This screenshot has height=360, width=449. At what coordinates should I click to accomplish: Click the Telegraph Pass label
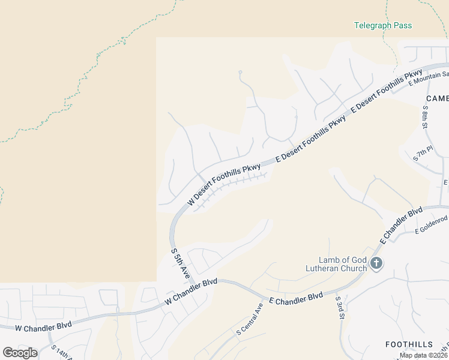coord(383,26)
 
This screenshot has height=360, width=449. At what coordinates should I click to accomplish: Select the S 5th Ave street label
coord(181,262)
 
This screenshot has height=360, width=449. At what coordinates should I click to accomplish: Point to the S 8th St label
coord(426,118)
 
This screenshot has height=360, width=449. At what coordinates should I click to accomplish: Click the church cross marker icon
coord(376,263)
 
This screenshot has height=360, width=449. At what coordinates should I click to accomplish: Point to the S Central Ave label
coord(250,319)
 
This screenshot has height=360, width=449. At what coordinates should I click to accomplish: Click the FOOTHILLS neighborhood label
coord(409,344)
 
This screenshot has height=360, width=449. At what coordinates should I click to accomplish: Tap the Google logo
coord(20,353)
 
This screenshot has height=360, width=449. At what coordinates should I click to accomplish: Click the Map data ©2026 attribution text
coord(423,355)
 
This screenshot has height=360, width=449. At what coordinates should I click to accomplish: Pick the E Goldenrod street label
coord(432,225)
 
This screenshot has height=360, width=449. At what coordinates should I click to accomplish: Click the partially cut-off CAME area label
coord(437,98)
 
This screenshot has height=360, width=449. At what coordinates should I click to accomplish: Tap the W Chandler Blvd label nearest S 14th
coord(43,326)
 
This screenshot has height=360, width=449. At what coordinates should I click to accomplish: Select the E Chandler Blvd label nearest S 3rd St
coord(296,298)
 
